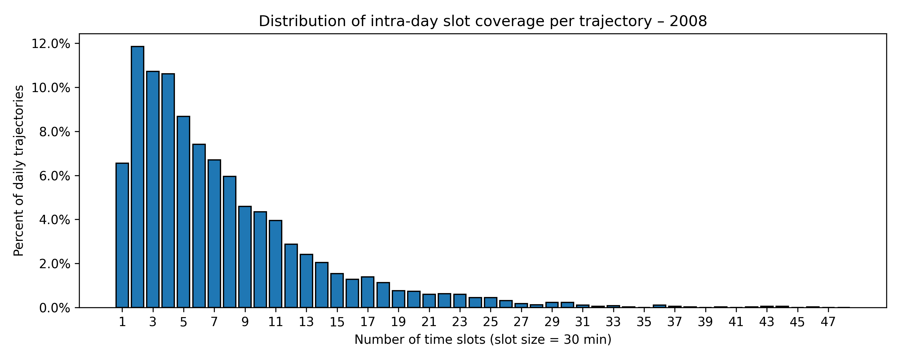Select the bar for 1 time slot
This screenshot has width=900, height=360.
[x=122, y=235]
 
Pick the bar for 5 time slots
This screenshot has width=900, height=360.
[x=183, y=212]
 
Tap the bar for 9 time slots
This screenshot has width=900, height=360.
[x=245, y=257]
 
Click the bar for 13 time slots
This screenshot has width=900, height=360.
[x=306, y=281]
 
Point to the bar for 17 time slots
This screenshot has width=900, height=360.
[x=367, y=292]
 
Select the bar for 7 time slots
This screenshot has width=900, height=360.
[x=214, y=233]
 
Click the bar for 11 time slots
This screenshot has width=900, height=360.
[x=276, y=264]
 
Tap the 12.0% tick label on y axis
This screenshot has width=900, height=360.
[x=51, y=44]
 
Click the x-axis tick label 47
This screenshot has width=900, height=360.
[x=828, y=322]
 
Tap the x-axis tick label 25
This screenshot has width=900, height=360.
[x=490, y=322]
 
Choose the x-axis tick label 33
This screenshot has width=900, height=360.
[x=613, y=322]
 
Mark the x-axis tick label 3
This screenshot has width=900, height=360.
[x=153, y=322]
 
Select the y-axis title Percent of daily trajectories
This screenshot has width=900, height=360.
[x=19, y=171]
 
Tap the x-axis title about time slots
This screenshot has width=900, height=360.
[x=483, y=339]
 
